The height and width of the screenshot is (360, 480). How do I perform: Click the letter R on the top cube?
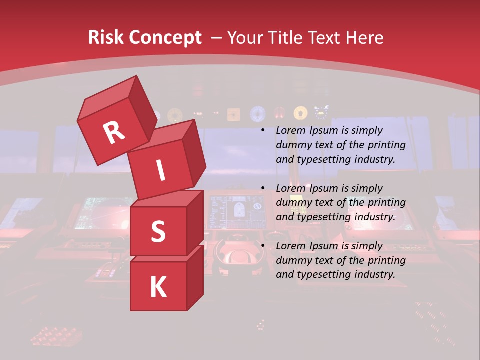click(x=114, y=133)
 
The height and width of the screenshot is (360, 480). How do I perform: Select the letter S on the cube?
click(x=158, y=231)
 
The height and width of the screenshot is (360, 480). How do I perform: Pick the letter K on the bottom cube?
click(x=158, y=287)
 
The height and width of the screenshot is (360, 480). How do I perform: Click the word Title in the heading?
click(x=286, y=38)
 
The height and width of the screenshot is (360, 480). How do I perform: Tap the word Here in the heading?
click(x=365, y=38)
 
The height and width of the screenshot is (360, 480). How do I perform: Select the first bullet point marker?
click(x=263, y=131)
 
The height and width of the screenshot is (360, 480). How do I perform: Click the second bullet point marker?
click(x=263, y=189)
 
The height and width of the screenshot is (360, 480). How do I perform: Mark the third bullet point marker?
click(x=263, y=246)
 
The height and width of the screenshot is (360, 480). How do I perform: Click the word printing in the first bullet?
click(x=387, y=145)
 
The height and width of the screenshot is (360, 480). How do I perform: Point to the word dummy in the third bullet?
click(x=291, y=260)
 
